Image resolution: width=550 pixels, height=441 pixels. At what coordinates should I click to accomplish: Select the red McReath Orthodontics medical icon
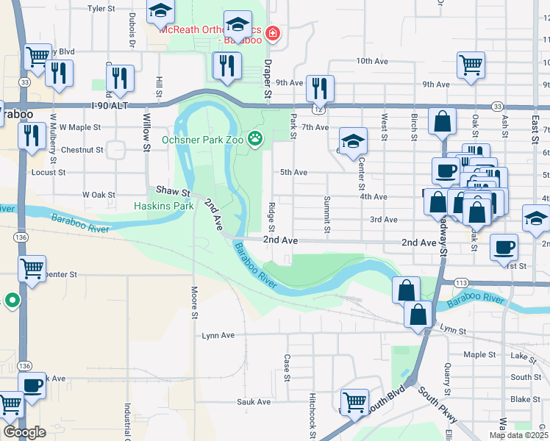[273, 33]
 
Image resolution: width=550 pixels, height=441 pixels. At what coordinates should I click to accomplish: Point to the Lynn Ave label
[218, 335]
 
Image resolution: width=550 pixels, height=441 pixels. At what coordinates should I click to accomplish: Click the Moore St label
[195, 303]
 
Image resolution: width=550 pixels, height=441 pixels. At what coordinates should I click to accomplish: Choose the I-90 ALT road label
[110, 106]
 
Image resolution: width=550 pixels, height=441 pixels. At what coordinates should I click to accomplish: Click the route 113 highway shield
[462, 282]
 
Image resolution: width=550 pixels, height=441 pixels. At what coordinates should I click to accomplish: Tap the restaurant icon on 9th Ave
[319, 87]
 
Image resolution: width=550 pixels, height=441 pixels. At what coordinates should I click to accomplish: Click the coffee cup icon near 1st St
[504, 247]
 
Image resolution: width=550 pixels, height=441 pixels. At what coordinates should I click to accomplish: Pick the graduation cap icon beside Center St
[353, 140]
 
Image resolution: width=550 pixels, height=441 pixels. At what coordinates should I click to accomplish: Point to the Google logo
[24, 432]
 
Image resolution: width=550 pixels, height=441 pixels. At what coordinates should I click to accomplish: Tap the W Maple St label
[80, 127]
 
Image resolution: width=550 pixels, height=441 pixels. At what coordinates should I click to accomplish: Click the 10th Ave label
[371, 61]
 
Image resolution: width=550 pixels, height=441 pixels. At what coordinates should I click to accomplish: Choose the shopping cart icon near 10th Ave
[470, 64]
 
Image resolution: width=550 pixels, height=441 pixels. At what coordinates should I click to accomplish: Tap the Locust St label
[49, 173]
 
